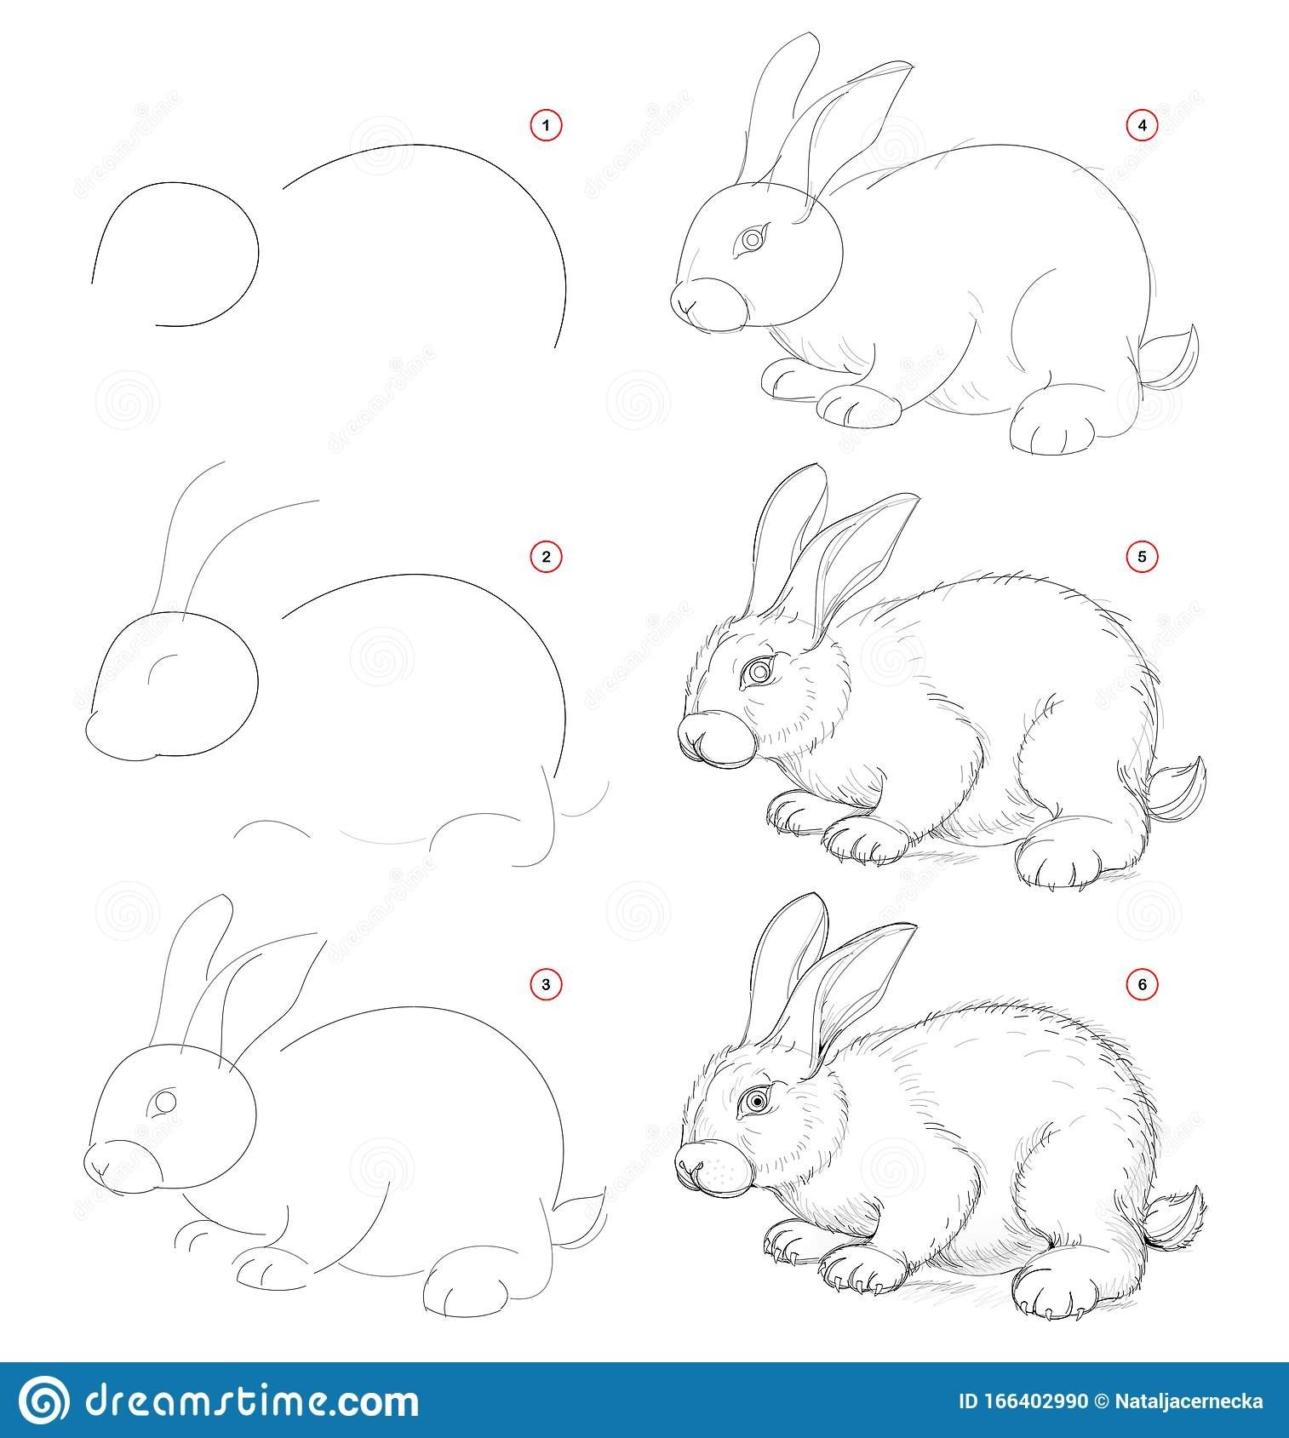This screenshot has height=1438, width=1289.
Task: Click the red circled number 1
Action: (547, 126)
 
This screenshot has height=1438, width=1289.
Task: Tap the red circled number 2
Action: (547, 557)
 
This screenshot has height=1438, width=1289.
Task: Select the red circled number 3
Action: (547, 985)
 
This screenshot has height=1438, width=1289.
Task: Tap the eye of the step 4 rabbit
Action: (752, 241)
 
